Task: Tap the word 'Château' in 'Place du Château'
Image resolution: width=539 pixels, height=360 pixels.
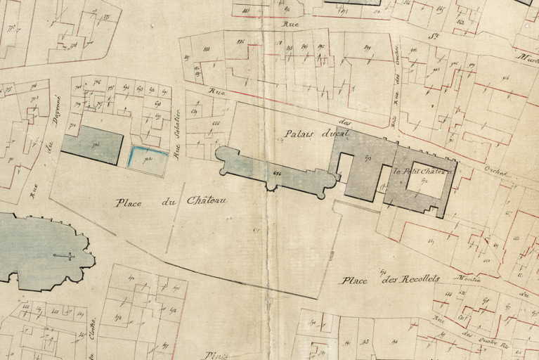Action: pyautogui.click(x=207, y=201)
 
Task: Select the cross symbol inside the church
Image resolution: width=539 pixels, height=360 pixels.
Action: pyautogui.click(x=63, y=256)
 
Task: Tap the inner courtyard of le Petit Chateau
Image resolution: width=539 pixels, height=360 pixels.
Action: pyautogui.click(x=427, y=188)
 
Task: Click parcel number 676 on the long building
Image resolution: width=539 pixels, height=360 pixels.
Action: pyautogui.click(x=277, y=173)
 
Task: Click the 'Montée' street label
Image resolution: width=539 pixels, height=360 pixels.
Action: pyautogui.click(x=469, y=278)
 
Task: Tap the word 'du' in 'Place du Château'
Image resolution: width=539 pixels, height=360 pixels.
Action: pyautogui.click(x=168, y=202)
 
